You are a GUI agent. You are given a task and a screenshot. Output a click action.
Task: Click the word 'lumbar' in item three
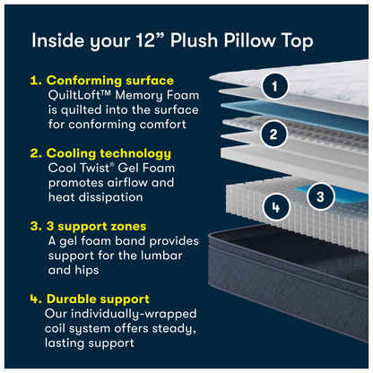168,256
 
